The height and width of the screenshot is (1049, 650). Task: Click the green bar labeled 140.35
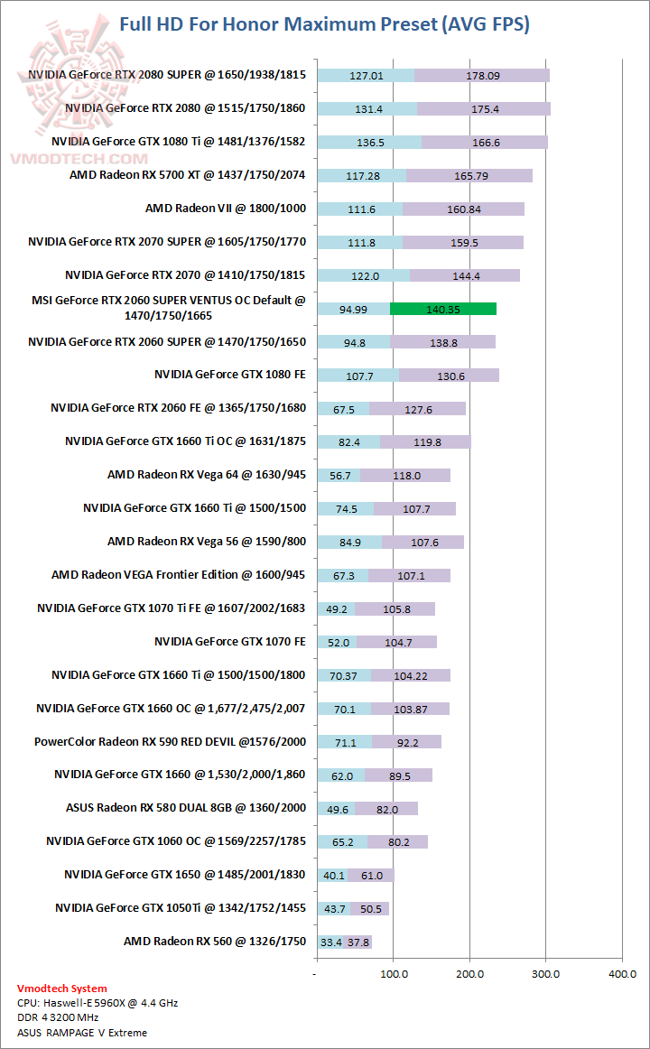click(443, 309)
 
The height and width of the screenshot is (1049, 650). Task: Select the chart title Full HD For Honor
click(324, 24)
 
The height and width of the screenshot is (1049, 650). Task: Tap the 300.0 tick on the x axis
click(544, 974)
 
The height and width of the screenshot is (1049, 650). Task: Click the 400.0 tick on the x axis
click(621, 974)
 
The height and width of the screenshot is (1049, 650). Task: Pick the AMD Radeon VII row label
click(226, 209)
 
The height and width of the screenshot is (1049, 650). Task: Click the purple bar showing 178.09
click(482, 76)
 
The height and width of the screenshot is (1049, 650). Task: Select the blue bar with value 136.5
click(369, 142)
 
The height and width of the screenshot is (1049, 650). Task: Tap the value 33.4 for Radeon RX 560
click(330, 942)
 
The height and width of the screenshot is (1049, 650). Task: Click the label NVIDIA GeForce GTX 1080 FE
click(230, 374)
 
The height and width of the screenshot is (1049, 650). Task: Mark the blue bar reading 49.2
click(336, 608)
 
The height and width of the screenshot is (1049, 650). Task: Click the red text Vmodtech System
click(61, 989)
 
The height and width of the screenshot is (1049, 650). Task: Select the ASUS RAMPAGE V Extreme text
click(82, 1032)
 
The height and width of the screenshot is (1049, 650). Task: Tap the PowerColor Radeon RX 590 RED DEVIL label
click(170, 741)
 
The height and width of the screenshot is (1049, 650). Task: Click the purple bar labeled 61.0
click(371, 875)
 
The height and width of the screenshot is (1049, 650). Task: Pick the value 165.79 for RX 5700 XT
click(469, 175)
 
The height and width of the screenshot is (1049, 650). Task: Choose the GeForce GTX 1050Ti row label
click(181, 907)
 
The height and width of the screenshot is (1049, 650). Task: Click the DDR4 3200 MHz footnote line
click(58, 1017)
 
